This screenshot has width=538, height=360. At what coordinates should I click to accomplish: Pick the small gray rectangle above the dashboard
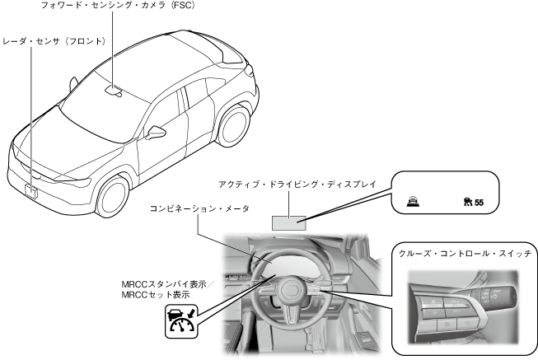(x=288, y=220)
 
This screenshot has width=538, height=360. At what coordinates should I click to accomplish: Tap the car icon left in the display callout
(x=412, y=200)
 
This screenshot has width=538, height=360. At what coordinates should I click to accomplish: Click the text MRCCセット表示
(x=154, y=293)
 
